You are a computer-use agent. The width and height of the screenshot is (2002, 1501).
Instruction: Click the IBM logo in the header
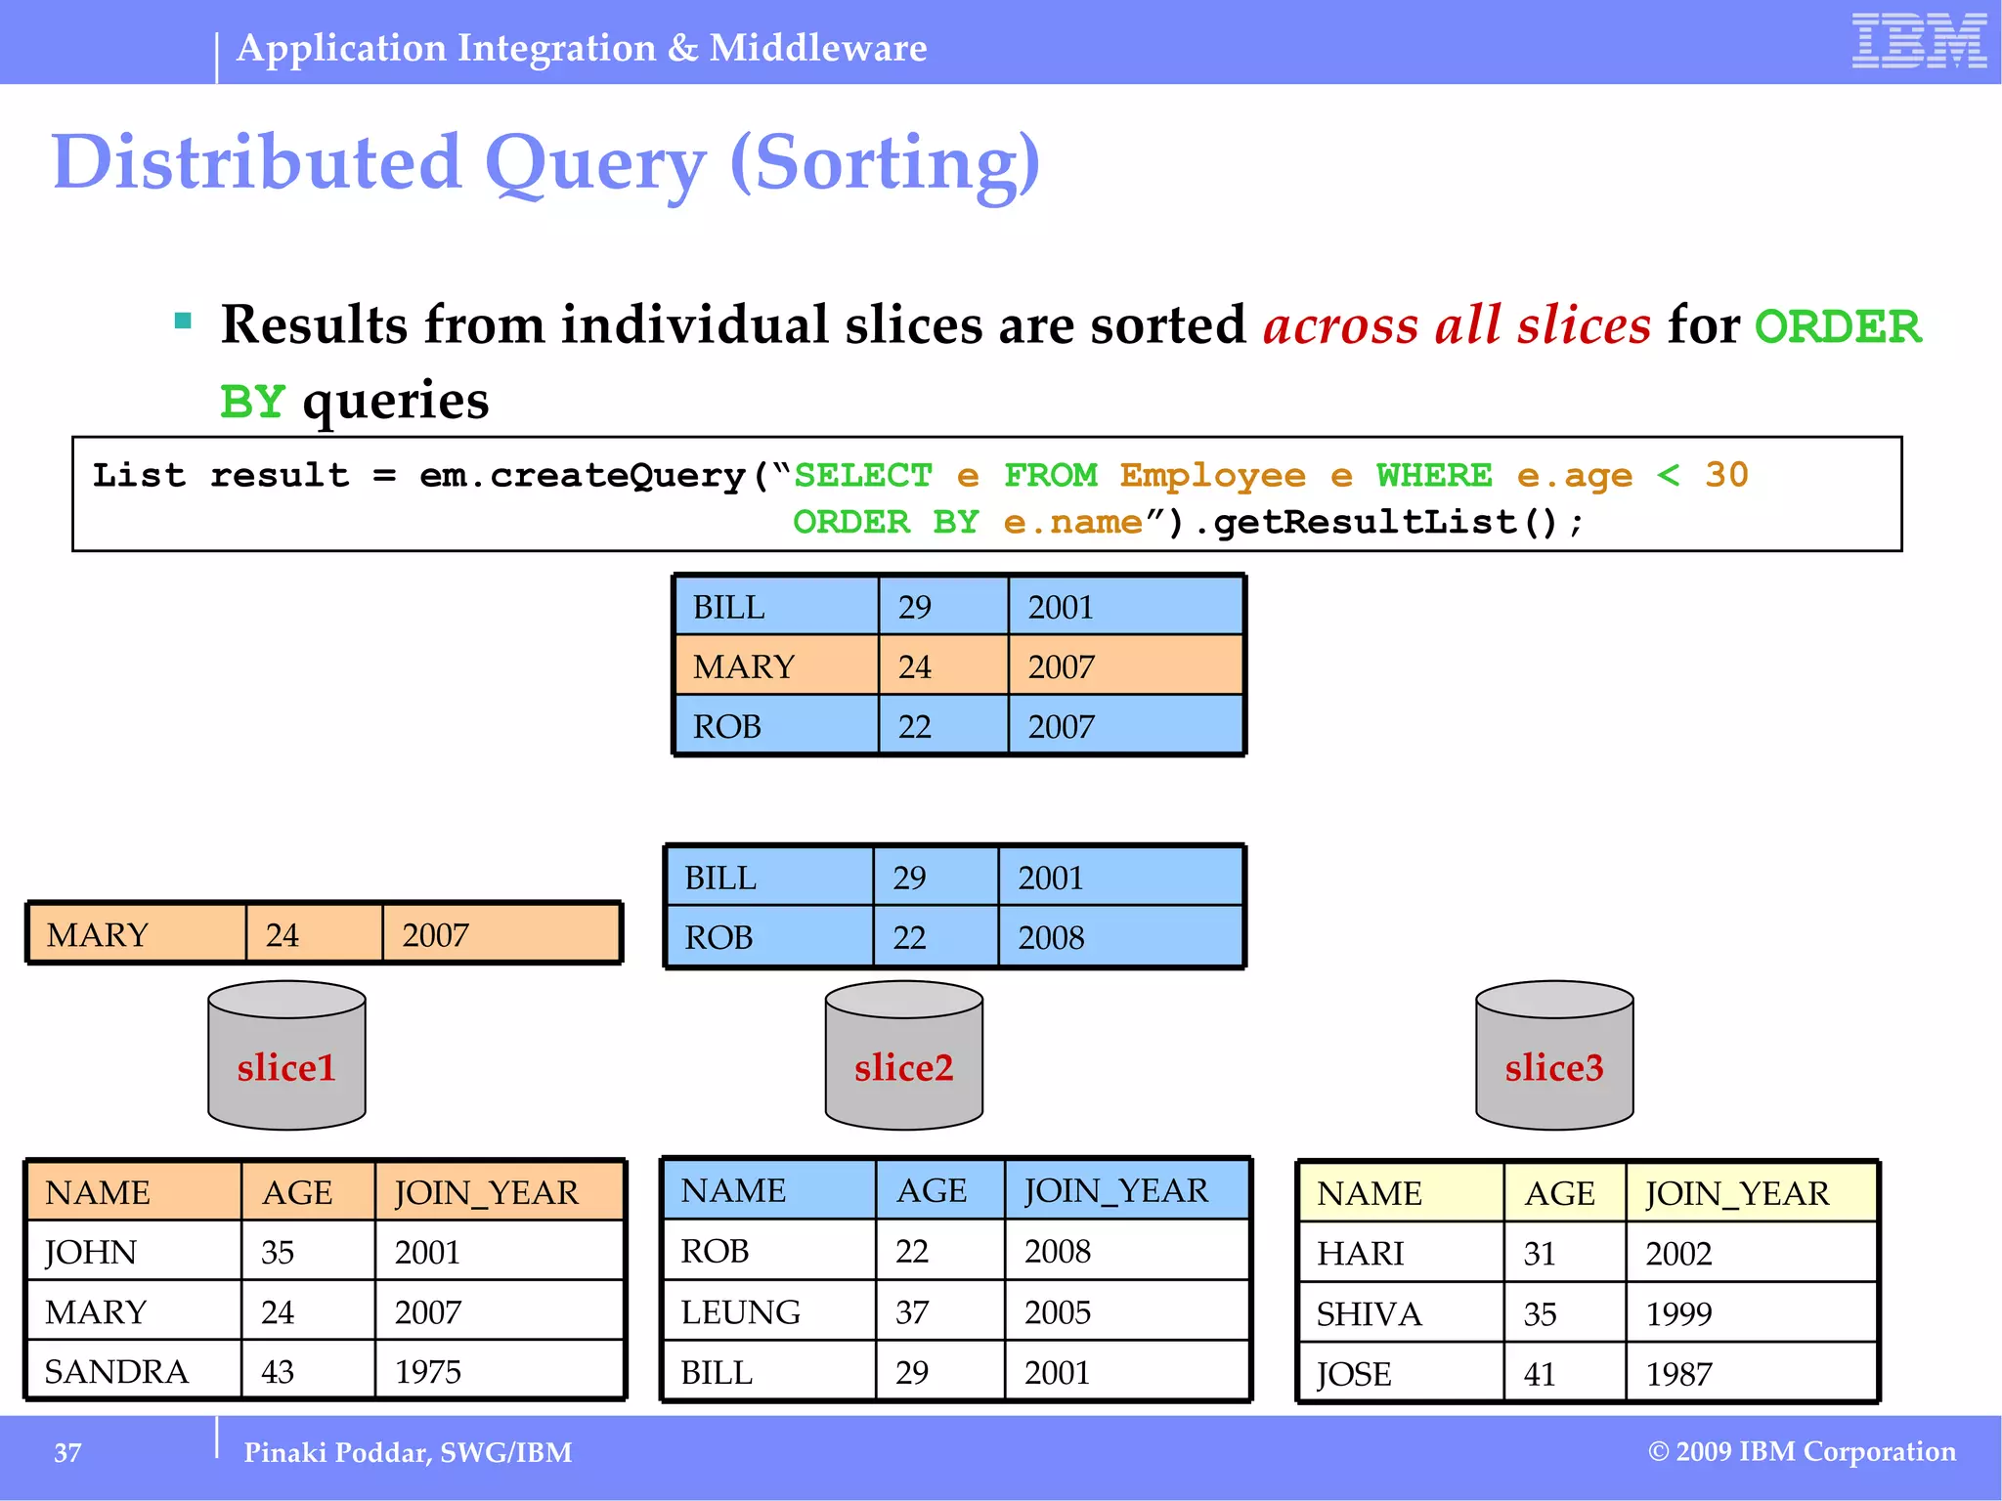pyautogui.click(x=1919, y=41)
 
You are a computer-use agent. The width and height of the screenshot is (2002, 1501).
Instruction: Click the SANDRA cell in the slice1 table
pyautogui.click(x=116, y=1371)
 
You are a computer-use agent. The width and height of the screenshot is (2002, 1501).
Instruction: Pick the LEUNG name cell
pyautogui.click(x=740, y=1311)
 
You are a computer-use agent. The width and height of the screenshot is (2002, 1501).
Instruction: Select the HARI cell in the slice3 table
pyautogui.click(x=1360, y=1253)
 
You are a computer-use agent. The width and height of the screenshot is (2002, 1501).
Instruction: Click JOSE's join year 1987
pyautogui.click(x=1678, y=1374)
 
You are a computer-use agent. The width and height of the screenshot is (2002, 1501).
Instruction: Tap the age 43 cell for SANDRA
pyautogui.click(x=278, y=1371)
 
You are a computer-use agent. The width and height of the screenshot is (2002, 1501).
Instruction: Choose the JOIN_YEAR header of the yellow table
pyautogui.click(x=1736, y=1193)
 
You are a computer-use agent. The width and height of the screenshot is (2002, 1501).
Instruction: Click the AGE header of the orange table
pyautogui.click(x=297, y=1192)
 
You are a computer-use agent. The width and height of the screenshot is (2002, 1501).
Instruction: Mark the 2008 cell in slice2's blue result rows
pyautogui.click(x=1051, y=937)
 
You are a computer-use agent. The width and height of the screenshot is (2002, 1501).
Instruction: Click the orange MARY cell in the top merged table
pyautogui.click(x=744, y=666)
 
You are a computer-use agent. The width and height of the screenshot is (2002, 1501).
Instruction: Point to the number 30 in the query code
pyautogui.click(x=1726, y=475)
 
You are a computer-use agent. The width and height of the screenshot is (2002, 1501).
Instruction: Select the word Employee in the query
pyautogui.click(x=1212, y=475)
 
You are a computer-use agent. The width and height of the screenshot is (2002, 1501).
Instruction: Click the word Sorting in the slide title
pyautogui.click(x=885, y=162)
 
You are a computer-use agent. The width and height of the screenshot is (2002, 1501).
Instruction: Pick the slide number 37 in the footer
pyautogui.click(x=67, y=1452)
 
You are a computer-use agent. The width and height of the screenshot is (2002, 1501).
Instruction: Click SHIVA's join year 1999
pyautogui.click(x=1678, y=1313)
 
